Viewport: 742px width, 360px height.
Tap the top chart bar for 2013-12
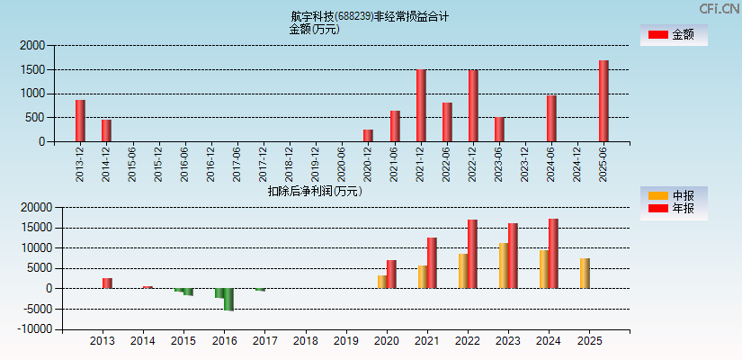click(x=80, y=121)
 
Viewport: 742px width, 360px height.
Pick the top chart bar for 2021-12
click(x=421, y=105)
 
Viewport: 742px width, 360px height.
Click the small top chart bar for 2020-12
click(x=368, y=136)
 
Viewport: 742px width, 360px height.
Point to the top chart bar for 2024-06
click(x=551, y=118)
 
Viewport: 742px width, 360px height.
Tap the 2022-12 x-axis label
click(x=472, y=165)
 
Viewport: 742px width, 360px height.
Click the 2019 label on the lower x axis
click(x=346, y=342)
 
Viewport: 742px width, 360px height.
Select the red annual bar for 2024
click(x=553, y=254)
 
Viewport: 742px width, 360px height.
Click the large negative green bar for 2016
click(x=229, y=300)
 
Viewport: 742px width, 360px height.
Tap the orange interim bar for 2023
click(x=504, y=265)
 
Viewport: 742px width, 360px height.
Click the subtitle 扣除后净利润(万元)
click(x=315, y=191)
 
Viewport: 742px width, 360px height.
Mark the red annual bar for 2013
click(x=107, y=283)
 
